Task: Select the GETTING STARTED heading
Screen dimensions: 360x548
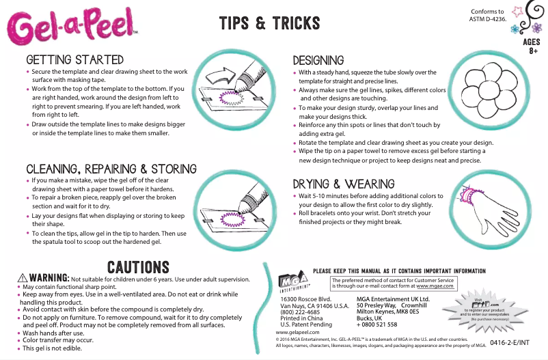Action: (x=74, y=60)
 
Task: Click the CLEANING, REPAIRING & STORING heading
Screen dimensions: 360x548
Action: (x=111, y=169)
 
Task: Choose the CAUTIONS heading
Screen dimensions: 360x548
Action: (x=138, y=266)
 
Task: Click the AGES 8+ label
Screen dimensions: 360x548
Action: (x=532, y=46)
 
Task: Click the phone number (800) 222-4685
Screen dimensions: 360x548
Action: (x=300, y=312)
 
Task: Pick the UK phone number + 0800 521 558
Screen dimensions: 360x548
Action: (x=378, y=324)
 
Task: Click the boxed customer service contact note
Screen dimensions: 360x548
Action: (x=392, y=283)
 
